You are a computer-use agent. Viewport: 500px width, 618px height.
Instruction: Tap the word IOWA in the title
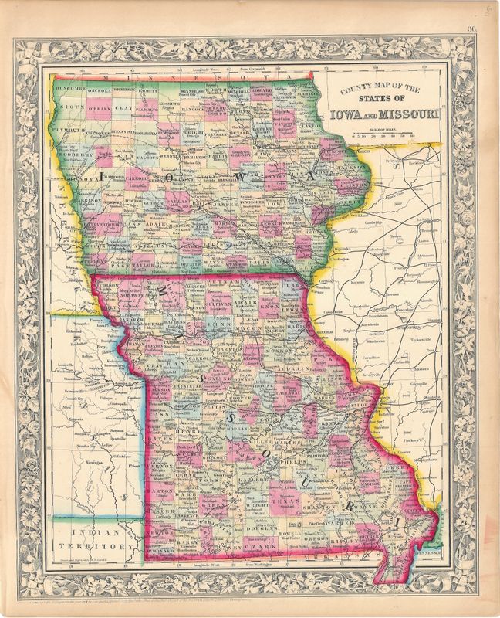pos(346,116)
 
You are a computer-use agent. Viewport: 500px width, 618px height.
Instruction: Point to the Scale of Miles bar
pos(387,136)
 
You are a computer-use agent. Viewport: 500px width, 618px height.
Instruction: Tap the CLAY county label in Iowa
pos(123,109)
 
